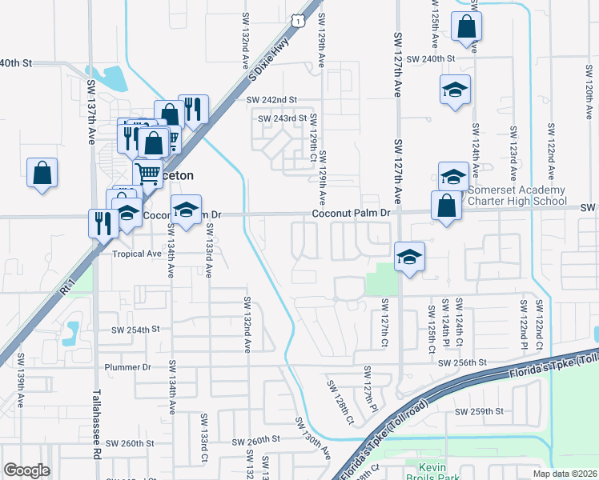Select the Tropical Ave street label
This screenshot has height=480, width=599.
point(137,254)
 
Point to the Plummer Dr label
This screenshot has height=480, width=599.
point(128,367)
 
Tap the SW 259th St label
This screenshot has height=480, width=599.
point(478,411)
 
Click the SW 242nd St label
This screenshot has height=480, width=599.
point(271,99)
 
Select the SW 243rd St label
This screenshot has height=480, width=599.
point(282,118)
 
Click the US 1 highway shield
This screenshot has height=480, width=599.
point(298,20)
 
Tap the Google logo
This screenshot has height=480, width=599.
point(26,470)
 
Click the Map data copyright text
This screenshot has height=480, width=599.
point(564,474)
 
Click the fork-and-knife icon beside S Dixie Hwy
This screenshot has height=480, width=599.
point(192,109)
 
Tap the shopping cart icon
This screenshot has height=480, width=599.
point(147,172)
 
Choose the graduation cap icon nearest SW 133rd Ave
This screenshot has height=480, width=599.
point(186,210)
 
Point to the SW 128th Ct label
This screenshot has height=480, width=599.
point(340,400)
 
